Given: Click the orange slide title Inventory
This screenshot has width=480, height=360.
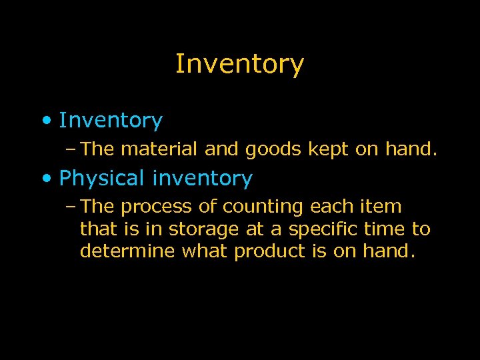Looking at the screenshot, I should (239, 65).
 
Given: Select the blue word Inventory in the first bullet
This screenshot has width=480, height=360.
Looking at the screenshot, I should (111, 121).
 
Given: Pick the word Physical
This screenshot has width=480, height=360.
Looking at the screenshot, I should (101, 179).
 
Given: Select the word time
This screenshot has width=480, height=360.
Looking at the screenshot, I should (386, 229).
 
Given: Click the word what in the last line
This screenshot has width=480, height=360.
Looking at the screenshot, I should (205, 252).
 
